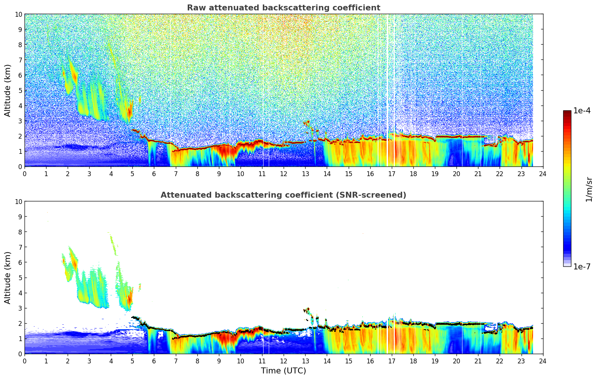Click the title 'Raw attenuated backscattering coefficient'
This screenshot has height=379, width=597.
(283, 8)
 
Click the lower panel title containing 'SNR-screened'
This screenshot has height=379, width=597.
(283, 195)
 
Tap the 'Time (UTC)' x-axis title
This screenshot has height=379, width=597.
(283, 370)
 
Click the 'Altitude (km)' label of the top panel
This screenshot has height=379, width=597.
(8, 90)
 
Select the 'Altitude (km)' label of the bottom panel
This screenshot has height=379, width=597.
(8, 278)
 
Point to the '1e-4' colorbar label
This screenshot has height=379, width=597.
(582, 111)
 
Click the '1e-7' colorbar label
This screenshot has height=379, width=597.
(582, 266)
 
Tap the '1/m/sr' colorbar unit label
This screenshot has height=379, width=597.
(588, 189)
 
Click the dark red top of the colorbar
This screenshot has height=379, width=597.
(567, 113)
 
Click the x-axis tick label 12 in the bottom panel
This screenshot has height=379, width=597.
(284, 361)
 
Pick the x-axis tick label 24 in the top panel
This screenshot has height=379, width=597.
(543, 174)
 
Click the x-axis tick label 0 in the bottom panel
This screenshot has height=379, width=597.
(25, 361)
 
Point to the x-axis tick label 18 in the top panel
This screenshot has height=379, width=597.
(413, 174)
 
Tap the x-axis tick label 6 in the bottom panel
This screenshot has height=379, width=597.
(154, 361)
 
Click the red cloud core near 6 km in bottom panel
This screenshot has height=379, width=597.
(74, 263)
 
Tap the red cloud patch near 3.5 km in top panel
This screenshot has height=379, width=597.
(129, 111)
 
